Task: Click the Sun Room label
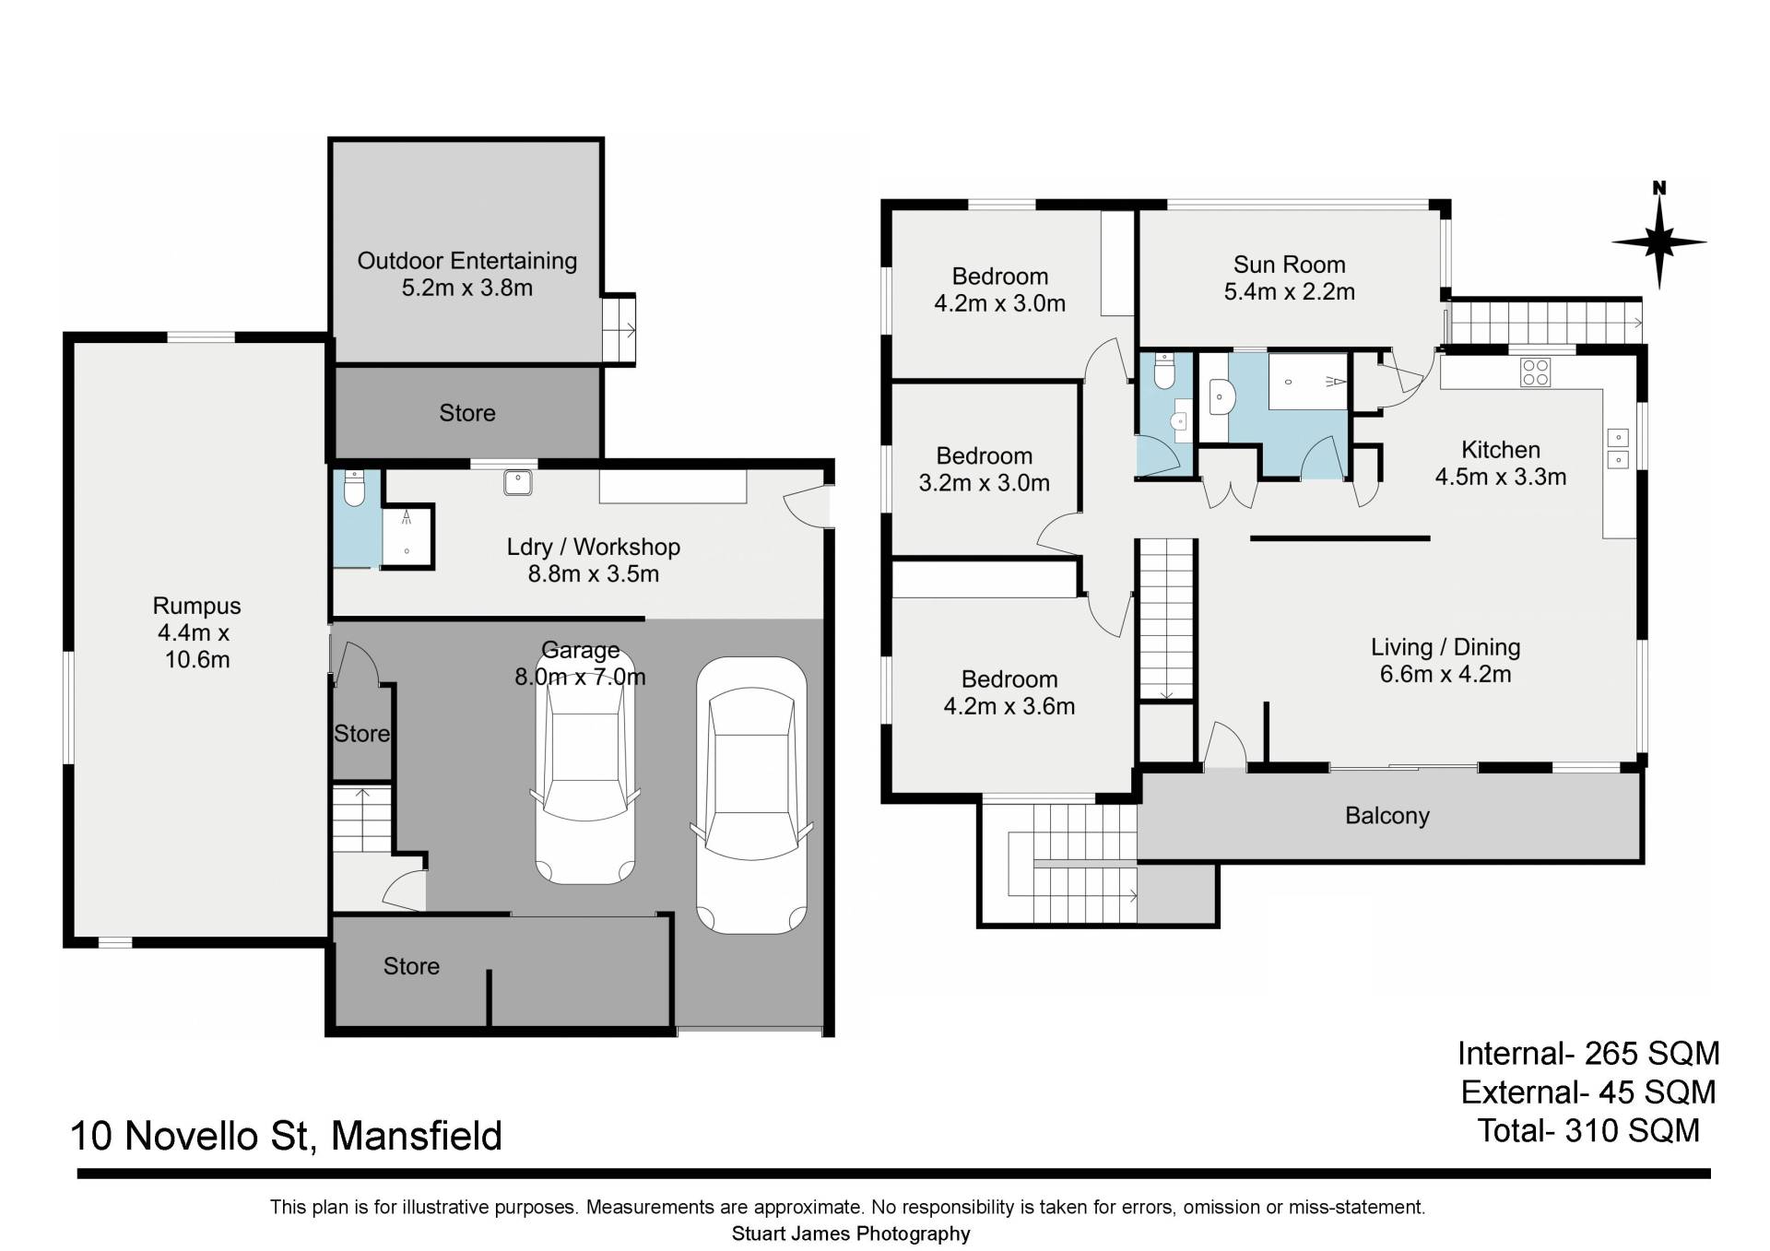pyautogui.click(x=1289, y=265)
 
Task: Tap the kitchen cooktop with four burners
pyautogui.click(x=1536, y=372)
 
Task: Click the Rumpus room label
pyautogui.click(x=196, y=606)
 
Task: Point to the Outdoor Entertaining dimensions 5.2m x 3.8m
pyautogui.click(x=466, y=288)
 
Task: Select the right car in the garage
pyautogui.click(x=752, y=795)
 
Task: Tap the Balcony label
pyautogui.click(x=1386, y=816)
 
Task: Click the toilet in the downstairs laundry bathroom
pyautogui.click(x=354, y=490)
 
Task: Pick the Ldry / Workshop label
pyautogui.click(x=593, y=547)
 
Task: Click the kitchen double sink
pyautogui.click(x=1618, y=448)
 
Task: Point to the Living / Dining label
pyautogui.click(x=1445, y=647)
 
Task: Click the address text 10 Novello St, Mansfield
pyautogui.click(x=286, y=1135)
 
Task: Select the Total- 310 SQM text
pyautogui.click(x=1588, y=1130)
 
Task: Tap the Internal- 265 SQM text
pyautogui.click(x=1588, y=1053)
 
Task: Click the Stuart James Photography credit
pyautogui.click(x=851, y=1233)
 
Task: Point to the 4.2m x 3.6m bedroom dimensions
pyautogui.click(x=1009, y=706)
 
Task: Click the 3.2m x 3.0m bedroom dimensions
pyautogui.click(x=984, y=482)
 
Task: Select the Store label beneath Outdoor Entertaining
pyautogui.click(x=466, y=413)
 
